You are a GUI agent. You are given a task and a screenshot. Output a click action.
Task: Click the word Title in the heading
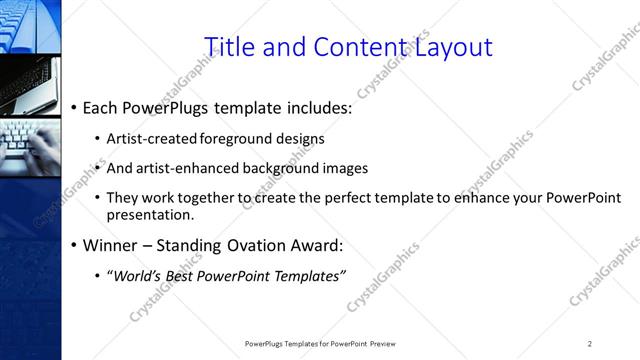click(229, 46)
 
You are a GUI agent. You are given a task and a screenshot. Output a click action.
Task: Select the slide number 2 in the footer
click(590, 344)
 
